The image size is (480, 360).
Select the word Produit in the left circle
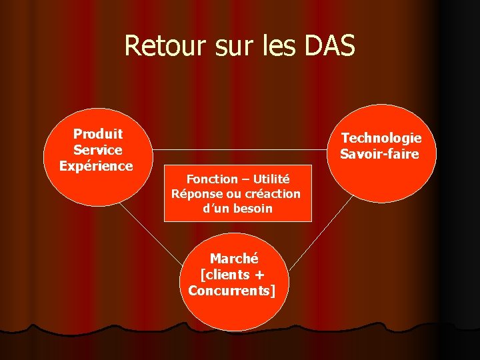(x=97, y=134)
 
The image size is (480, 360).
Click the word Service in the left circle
(x=97, y=150)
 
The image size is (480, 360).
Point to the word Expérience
(x=96, y=166)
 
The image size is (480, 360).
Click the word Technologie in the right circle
(x=381, y=138)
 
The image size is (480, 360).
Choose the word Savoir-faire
(x=379, y=154)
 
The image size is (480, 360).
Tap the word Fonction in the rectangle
(x=211, y=179)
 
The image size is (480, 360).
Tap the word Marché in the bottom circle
(x=233, y=259)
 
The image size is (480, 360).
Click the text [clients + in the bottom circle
(x=232, y=275)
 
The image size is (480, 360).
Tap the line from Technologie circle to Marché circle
(x=320, y=230)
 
